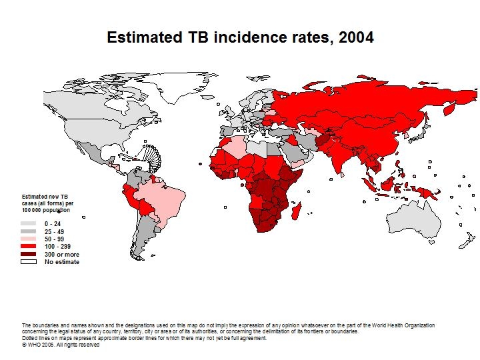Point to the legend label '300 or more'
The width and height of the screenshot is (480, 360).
(x=62, y=255)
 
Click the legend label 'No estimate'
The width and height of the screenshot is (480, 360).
(x=62, y=262)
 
